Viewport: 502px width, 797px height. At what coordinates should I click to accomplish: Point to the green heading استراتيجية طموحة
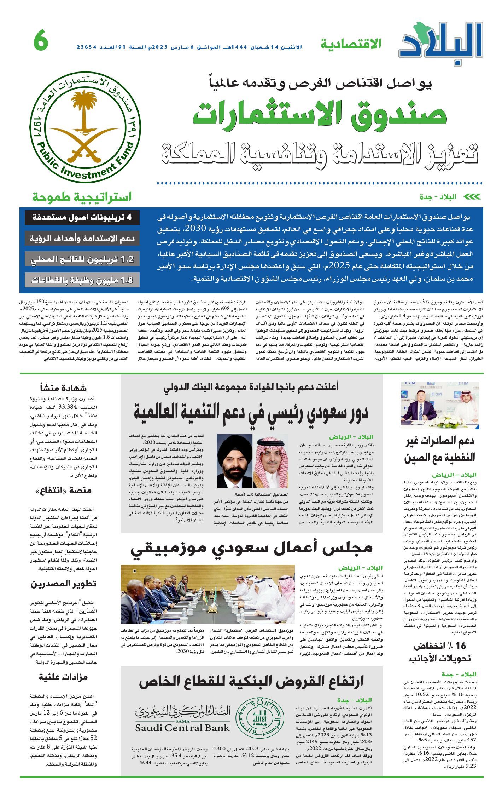click(82, 197)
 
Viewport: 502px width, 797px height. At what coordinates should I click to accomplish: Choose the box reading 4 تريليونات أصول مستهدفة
click(82, 217)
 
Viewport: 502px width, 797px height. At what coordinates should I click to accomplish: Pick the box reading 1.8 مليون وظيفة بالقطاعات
click(82, 280)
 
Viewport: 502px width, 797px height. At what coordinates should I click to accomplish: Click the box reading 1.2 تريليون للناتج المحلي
click(82, 259)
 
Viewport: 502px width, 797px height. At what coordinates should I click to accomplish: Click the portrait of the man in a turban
click(234, 460)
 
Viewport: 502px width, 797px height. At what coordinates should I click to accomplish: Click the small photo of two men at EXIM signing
click(440, 405)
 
